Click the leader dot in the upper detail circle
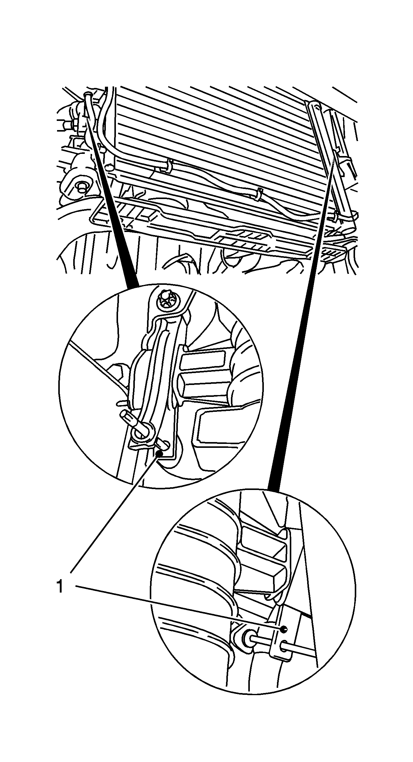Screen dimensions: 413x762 (x=159, y=453)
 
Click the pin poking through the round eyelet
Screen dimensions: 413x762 (x=134, y=421)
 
